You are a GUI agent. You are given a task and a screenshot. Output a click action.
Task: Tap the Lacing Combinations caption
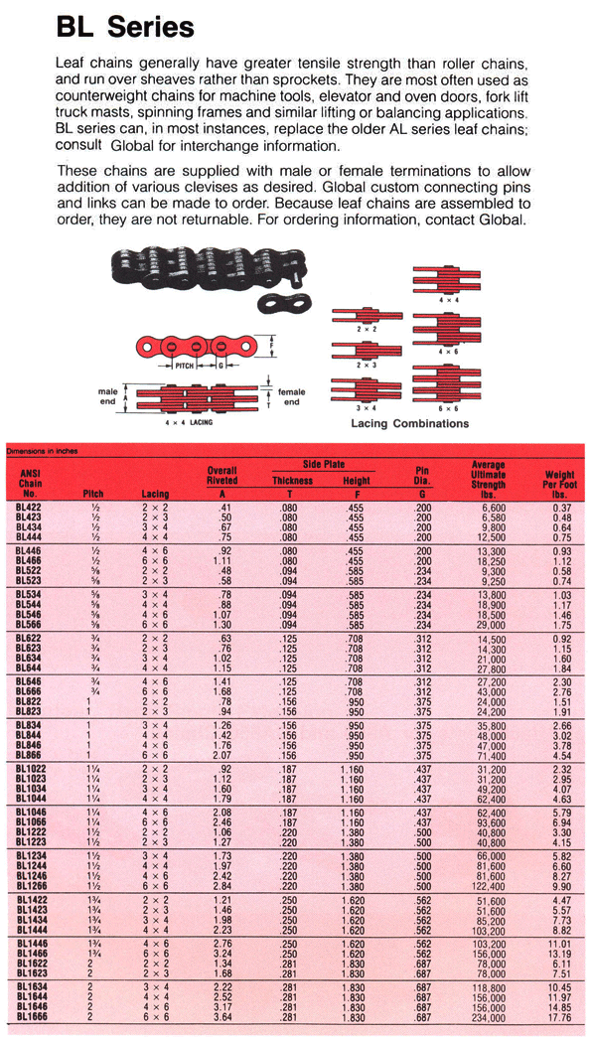pyautogui.click(x=409, y=423)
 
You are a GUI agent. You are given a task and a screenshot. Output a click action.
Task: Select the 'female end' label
pyautogui.click(x=291, y=397)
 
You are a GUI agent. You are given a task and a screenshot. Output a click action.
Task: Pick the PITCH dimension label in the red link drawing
pyautogui.click(x=185, y=366)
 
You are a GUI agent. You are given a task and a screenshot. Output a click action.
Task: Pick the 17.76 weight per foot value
pyautogui.click(x=560, y=1018)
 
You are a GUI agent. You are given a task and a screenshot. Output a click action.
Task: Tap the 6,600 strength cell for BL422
pyautogui.click(x=493, y=508)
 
